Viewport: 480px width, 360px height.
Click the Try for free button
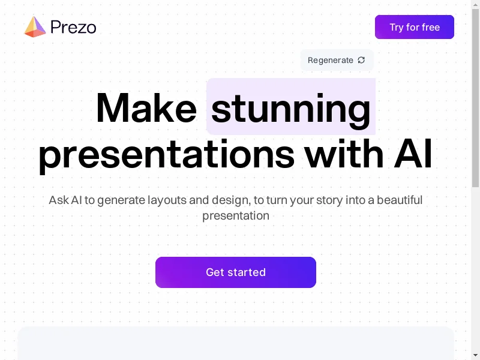point(414,27)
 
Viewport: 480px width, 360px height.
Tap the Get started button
point(236,272)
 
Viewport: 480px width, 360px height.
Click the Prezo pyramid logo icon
point(35,27)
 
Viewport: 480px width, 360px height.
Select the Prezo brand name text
point(73,27)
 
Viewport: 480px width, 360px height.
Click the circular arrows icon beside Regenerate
point(361,60)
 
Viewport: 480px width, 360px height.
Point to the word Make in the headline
point(146,109)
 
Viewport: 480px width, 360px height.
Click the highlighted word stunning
point(291,110)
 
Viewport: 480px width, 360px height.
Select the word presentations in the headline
point(167,155)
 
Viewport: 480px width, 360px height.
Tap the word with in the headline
point(344,154)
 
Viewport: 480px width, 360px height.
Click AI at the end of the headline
point(413,154)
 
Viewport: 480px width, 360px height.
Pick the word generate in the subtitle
point(121,200)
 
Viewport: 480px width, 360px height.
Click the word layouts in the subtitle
point(167,200)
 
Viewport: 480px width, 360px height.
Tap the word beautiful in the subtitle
point(400,200)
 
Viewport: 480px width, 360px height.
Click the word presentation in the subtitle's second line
point(236,216)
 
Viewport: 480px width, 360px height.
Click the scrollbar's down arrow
point(475,355)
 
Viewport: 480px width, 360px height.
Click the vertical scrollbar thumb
point(475,98)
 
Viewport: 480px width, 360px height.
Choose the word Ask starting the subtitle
point(59,200)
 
